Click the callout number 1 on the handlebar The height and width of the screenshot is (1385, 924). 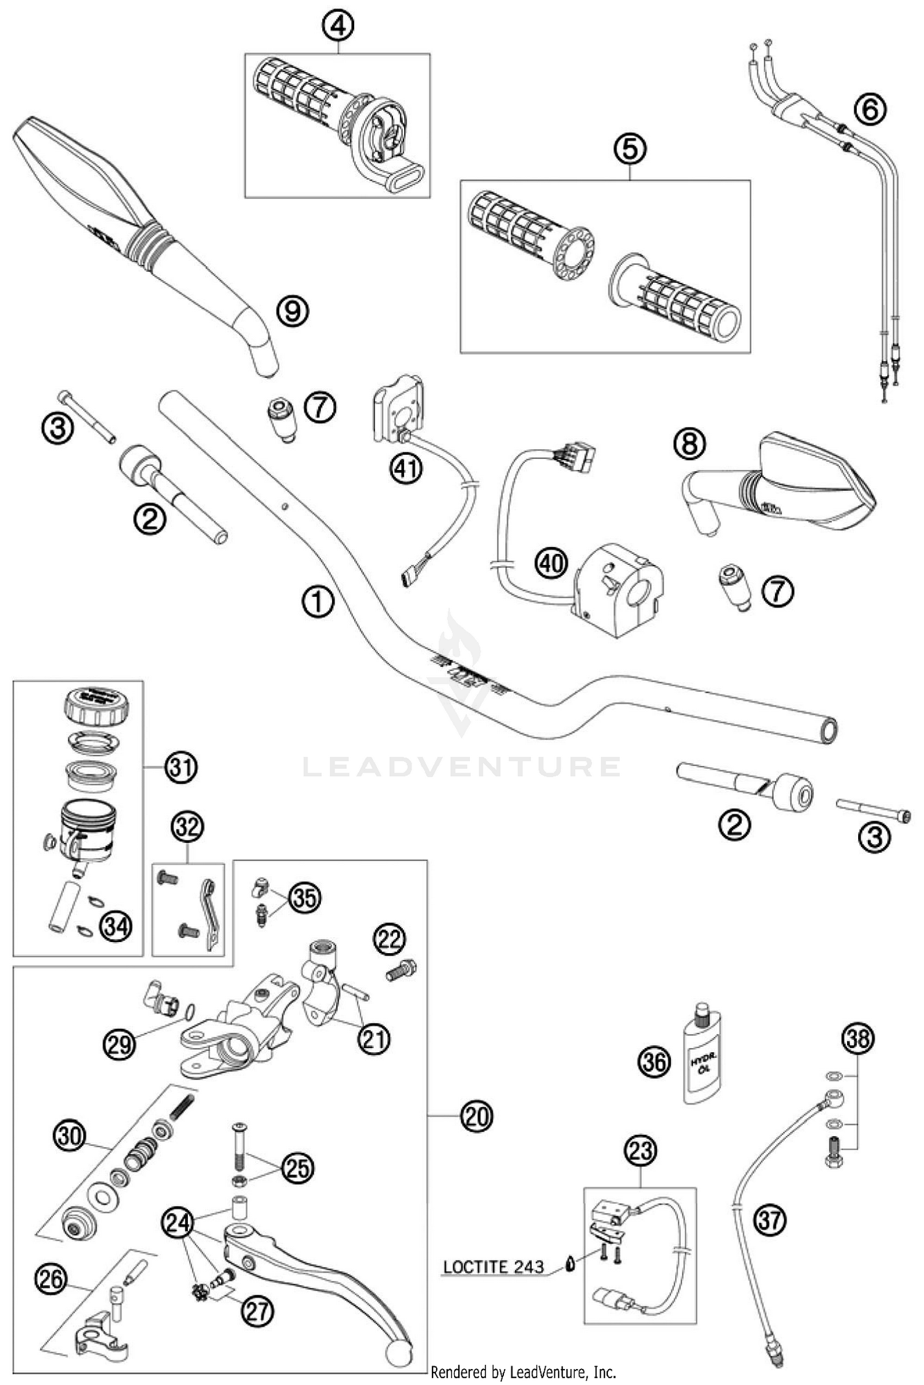click(318, 602)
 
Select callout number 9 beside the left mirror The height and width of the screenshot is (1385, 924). click(293, 311)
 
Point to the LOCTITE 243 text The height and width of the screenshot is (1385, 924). click(493, 1267)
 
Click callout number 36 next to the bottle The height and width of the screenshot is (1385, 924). click(654, 1062)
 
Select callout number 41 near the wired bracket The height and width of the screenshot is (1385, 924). click(406, 469)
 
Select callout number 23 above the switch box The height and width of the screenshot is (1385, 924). click(641, 1150)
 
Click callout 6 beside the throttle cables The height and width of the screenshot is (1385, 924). click(870, 109)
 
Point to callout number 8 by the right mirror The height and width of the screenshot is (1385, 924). click(689, 443)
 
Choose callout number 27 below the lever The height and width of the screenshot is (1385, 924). click(257, 1311)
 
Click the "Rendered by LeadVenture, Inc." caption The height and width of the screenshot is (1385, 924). click(523, 1371)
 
